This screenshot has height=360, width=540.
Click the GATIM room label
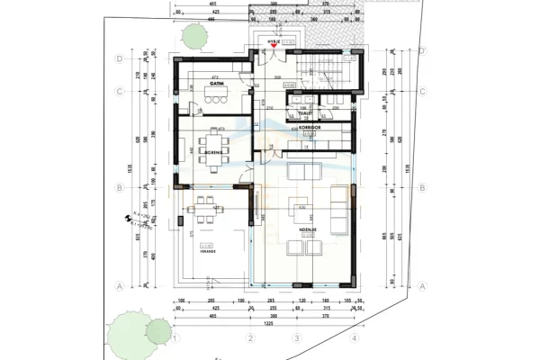pos(216,83)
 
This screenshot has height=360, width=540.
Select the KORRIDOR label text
pos(311,129)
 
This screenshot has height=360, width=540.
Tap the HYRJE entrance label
pos(272,40)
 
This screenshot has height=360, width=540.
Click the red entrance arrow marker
pos(272,47)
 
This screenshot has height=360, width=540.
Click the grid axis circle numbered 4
pos(355,338)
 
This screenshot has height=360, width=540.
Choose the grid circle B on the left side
pos(119,187)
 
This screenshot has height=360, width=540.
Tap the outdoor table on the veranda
pos(202,209)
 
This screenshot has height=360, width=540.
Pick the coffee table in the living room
pos(300,212)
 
